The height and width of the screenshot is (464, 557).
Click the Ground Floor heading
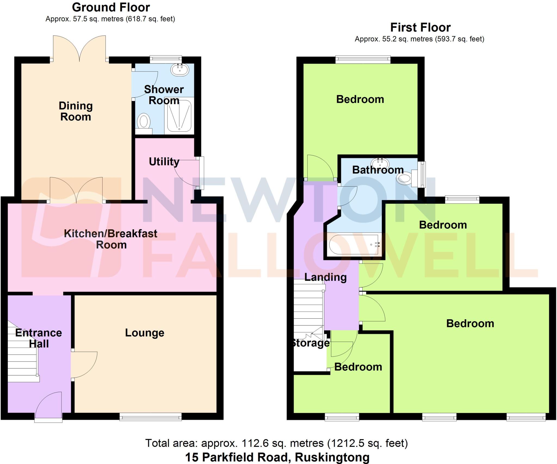click(111, 8)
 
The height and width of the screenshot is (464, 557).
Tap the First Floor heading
click(420, 27)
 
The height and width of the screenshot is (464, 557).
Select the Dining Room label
click(76, 111)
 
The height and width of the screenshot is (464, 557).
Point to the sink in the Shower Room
click(180, 70)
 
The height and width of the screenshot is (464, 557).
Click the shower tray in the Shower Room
click(179, 116)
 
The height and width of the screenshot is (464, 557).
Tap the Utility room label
click(164, 162)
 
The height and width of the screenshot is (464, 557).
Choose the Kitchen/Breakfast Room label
click(111, 239)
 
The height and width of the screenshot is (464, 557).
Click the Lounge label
click(145, 333)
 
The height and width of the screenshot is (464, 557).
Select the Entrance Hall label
click(39, 338)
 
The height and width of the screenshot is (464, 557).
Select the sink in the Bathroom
click(380, 164)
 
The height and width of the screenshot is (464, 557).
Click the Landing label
click(326, 277)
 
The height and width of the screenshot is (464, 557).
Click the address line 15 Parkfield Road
click(277, 457)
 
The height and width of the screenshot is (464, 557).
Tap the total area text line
click(277, 443)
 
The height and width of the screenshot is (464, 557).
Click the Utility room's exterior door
click(201, 173)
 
